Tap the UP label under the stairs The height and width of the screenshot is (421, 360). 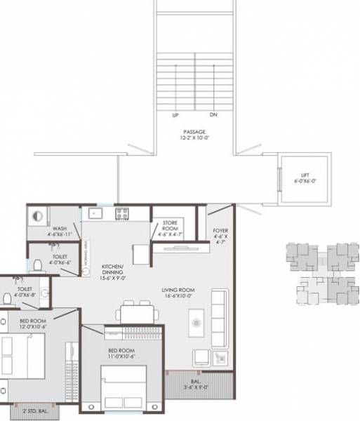point(175,115)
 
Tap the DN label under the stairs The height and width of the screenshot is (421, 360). point(213,115)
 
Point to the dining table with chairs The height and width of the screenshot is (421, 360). point(137,313)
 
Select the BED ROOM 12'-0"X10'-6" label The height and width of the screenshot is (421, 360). point(32,324)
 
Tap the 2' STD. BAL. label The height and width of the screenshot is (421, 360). point(34,411)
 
